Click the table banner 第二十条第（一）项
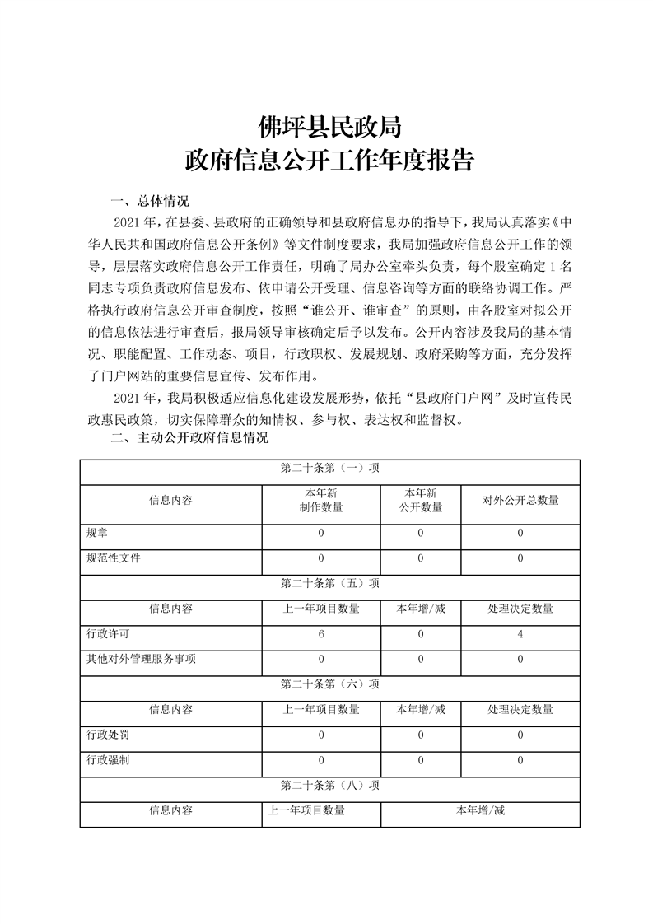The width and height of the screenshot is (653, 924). pos(329,468)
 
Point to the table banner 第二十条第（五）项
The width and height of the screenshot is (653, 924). pos(329,583)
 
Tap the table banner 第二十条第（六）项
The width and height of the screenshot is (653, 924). pos(329,684)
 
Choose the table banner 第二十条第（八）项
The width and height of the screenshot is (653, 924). pos(329,785)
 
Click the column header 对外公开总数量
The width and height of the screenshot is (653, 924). pos(520,500)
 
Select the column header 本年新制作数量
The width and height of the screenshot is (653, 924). pos(320,500)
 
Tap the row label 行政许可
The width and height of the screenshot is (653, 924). pos(107,634)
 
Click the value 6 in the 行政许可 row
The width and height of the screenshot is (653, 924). pos(320,634)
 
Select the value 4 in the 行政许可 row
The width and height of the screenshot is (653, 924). pos(520,634)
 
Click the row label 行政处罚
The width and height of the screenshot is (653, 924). pos(107,735)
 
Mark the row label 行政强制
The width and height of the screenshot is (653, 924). pos(107,760)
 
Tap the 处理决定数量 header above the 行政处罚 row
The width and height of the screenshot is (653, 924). pos(520,709)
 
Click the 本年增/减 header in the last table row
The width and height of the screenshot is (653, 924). pos(480,810)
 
